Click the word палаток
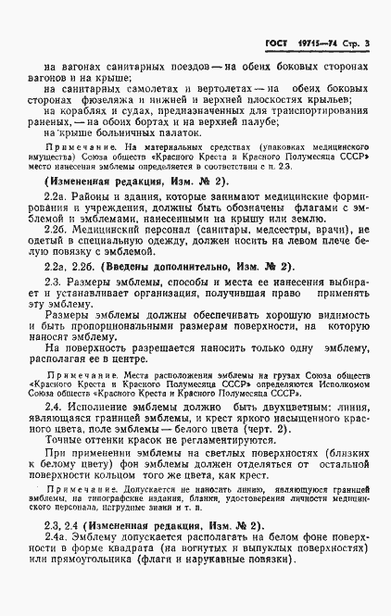[x=150, y=138]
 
